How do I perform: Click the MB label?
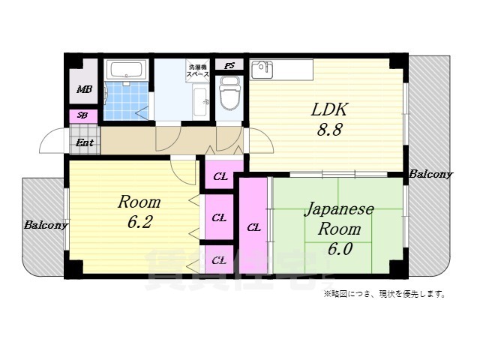[84, 91]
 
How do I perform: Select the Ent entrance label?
[84, 141]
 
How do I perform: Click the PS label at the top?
[229, 65]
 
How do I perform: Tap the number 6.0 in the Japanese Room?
[338, 249]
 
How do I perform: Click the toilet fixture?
[229, 96]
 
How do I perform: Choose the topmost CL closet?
[220, 177]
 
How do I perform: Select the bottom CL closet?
[219, 261]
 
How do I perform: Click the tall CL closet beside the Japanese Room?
[253, 227]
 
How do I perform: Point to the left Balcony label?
[45, 224]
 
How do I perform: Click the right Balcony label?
[430, 175]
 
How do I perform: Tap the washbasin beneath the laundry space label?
[200, 100]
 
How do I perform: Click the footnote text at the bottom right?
[385, 293]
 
